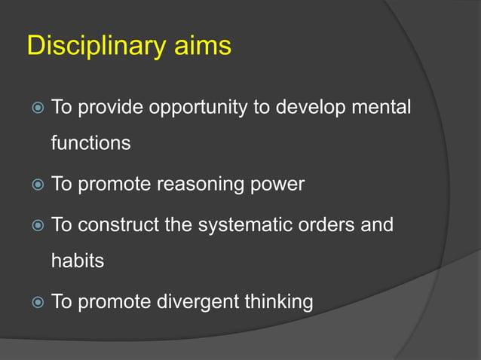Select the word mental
382,107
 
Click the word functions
90,142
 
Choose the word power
279,185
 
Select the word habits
77,261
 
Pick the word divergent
198,303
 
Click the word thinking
278,303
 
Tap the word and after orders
377,224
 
